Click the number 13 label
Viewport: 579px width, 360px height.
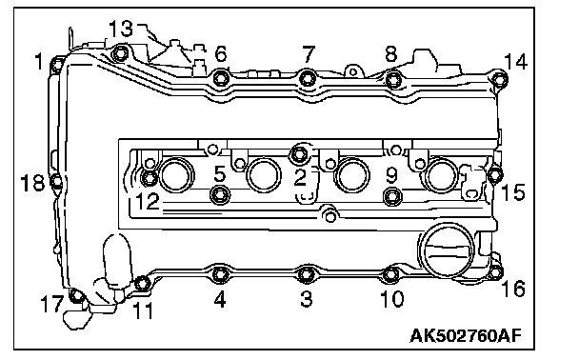121,28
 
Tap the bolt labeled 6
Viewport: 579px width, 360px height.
221,78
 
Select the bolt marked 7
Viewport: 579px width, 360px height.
308,78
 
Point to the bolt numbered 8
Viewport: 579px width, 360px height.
393,79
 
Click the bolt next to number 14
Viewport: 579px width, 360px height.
499,79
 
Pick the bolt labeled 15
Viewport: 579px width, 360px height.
494,174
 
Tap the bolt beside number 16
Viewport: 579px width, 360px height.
495,271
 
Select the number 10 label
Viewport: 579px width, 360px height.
392,299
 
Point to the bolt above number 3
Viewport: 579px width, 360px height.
306,274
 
